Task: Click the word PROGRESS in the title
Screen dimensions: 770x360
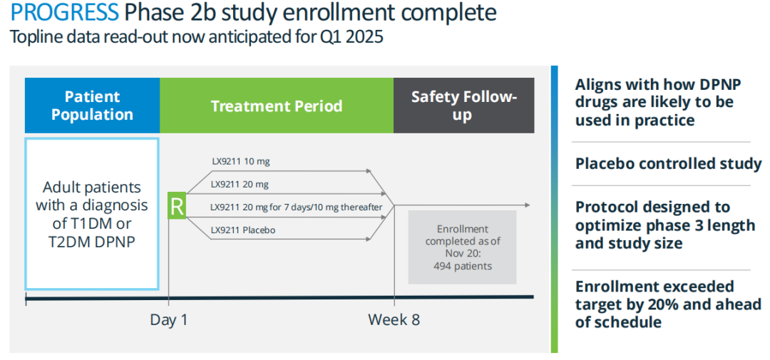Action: pyautogui.click(x=64, y=14)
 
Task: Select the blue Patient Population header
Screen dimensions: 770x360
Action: pyautogui.click(x=92, y=105)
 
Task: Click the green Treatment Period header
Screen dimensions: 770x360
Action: pyautogui.click(x=277, y=105)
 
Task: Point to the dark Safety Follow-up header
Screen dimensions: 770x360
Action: pyautogui.click(x=464, y=105)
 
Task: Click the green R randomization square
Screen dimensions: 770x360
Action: pyautogui.click(x=178, y=206)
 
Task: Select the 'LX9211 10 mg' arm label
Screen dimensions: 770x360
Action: pyautogui.click(x=241, y=161)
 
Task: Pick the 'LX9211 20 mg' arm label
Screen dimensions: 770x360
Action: pyautogui.click(x=241, y=185)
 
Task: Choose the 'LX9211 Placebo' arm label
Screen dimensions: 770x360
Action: pyautogui.click(x=243, y=230)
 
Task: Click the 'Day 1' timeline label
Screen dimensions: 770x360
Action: pyautogui.click(x=169, y=320)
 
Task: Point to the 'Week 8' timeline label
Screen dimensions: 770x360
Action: pyautogui.click(x=394, y=320)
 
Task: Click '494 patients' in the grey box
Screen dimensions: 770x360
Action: pyautogui.click(x=463, y=266)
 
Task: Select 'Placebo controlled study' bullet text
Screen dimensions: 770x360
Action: pyautogui.click(x=668, y=164)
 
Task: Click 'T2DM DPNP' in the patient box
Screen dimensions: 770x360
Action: pyautogui.click(x=92, y=242)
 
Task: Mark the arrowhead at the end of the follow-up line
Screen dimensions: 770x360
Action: pyautogui.click(x=527, y=205)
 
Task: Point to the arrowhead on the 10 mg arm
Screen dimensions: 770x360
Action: pyautogui.click(x=369, y=171)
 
